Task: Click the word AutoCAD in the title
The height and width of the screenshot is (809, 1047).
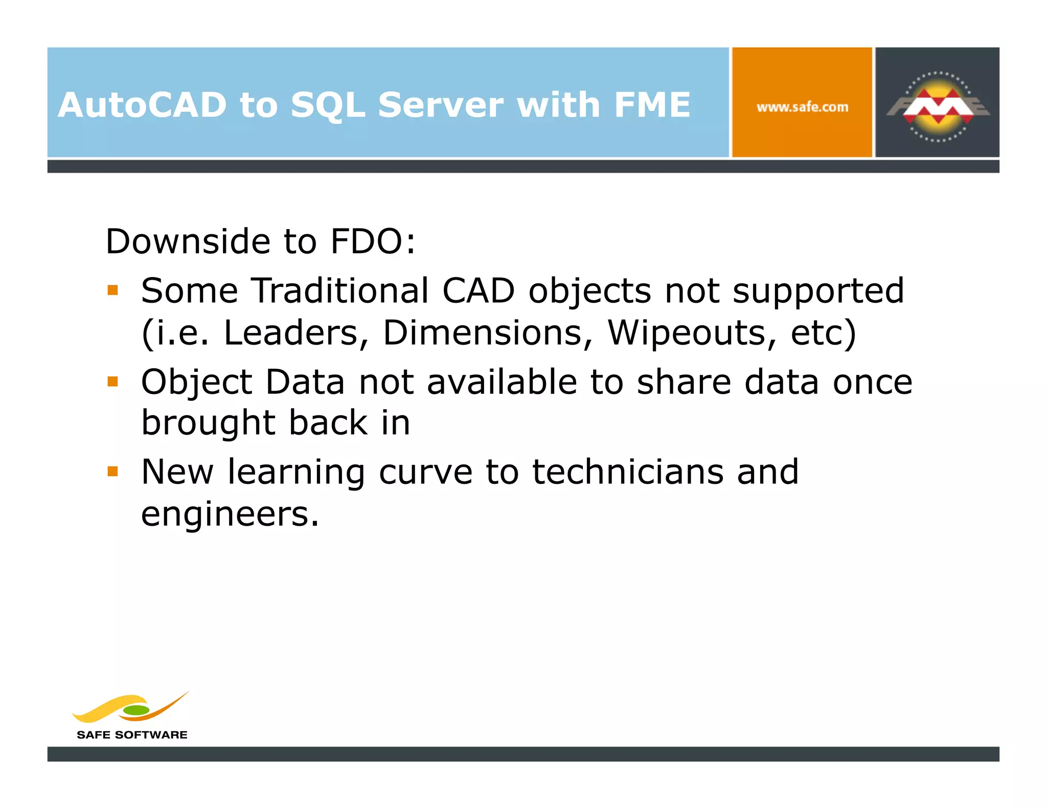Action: [142, 105]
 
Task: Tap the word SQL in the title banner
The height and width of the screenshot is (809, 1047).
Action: [328, 105]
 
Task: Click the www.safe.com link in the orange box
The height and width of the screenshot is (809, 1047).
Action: [802, 107]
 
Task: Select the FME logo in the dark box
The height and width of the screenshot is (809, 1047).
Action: [938, 106]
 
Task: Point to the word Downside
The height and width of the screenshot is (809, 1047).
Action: [188, 241]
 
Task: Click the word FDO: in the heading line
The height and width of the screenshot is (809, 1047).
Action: [373, 241]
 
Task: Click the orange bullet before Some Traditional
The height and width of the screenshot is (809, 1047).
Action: [113, 291]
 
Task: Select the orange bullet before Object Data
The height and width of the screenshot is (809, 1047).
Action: [113, 381]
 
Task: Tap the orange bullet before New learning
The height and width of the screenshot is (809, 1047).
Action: [113, 471]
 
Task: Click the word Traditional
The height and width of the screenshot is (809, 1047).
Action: [340, 291]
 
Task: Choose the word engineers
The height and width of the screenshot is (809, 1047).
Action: [230, 514]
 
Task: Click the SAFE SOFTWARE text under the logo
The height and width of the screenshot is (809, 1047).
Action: [132, 735]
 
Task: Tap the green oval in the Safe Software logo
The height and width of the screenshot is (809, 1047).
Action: [136, 710]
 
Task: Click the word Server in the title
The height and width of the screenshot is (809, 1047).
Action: [441, 105]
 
